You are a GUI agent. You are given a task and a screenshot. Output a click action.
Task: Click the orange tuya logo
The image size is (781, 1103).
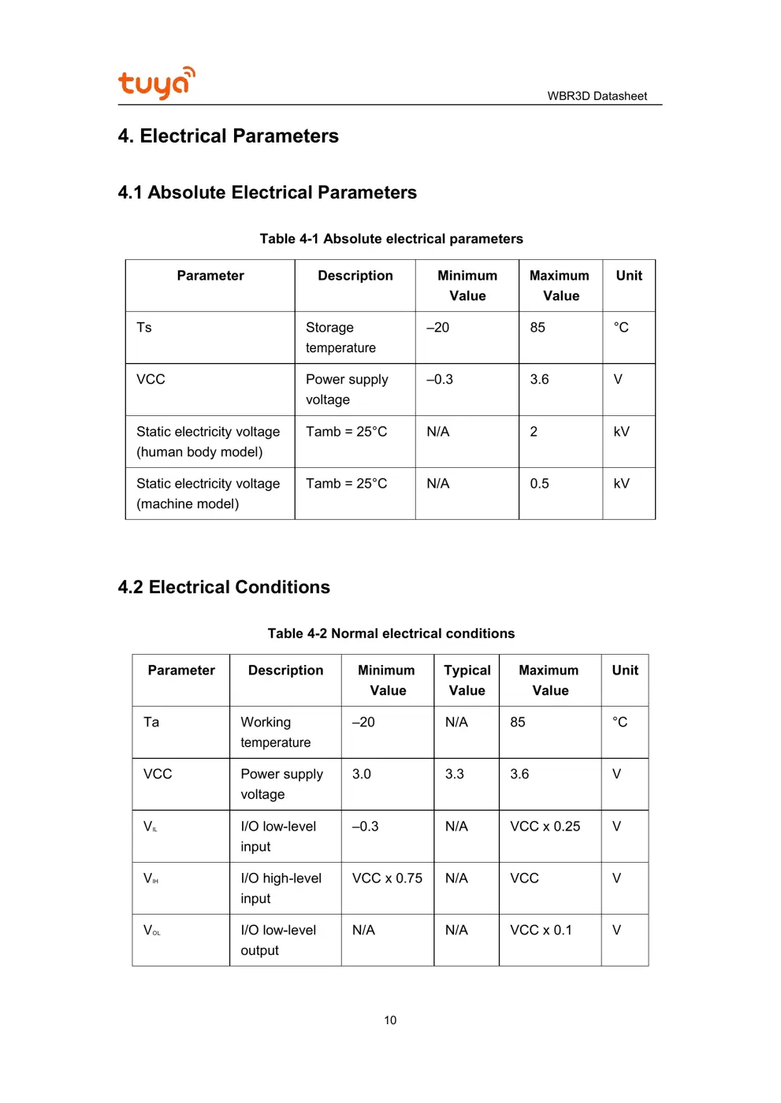pyautogui.click(x=156, y=83)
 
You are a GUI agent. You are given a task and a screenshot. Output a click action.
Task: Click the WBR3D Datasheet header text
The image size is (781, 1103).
pyautogui.click(x=597, y=96)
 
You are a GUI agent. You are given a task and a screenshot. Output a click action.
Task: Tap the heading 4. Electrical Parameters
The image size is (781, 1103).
pyautogui.click(x=228, y=136)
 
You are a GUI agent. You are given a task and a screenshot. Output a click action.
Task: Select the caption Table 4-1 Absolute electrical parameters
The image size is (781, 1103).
pyautogui.click(x=391, y=239)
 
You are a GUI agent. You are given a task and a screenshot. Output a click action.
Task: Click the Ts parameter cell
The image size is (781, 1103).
pyautogui.click(x=144, y=328)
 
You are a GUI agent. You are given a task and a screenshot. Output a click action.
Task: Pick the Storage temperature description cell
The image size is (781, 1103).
pyautogui.click(x=340, y=337)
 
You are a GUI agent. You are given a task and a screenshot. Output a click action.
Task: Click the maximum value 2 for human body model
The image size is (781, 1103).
pyautogui.click(x=534, y=432)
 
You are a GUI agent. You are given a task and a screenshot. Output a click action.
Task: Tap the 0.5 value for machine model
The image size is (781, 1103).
pyautogui.click(x=539, y=484)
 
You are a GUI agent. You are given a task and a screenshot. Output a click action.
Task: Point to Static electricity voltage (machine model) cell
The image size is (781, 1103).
pyautogui.click(x=208, y=493)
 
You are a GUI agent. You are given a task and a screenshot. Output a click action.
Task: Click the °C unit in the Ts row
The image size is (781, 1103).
pyautogui.click(x=621, y=328)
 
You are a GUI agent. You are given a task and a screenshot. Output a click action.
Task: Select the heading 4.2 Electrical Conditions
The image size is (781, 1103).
pyautogui.click(x=224, y=587)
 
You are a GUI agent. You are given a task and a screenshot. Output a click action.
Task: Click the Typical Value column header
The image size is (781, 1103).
pyautogui.click(x=467, y=680)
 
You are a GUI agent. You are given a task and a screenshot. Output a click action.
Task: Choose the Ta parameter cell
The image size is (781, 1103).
pyautogui.click(x=151, y=722)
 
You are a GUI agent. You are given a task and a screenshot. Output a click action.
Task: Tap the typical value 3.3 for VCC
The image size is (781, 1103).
pyautogui.click(x=454, y=774)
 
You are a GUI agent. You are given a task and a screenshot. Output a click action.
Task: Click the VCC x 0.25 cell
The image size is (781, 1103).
pyautogui.click(x=545, y=826)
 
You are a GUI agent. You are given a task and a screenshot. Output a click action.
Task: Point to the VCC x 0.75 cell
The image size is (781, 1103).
pyautogui.click(x=387, y=878)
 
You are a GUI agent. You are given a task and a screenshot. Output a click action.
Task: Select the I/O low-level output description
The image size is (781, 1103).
pyautogui.click(x=278, y=940)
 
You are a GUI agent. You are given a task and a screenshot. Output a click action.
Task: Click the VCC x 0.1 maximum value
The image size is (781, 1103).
pyautogui.click(x=541, y=930)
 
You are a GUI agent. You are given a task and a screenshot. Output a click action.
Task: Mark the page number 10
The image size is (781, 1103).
pyautogui.click(x=390, y=1020)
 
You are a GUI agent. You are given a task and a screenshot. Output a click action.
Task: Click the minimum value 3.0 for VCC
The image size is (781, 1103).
pyautogui.click(x=361, y=774)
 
